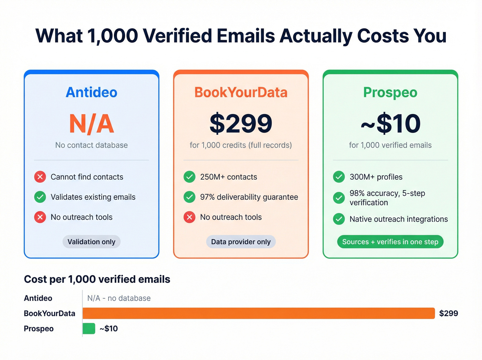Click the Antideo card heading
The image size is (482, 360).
click(92, 92)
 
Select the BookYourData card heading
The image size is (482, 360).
click(241, 92)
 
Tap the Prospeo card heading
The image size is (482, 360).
click(390, 92)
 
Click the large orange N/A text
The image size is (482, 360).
click(92, 124)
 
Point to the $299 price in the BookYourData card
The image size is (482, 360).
click(241, 124)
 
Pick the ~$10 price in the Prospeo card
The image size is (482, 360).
click(390, 124)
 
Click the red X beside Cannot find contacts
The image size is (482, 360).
click(40, 177)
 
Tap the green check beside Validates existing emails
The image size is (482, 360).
click(40, 197)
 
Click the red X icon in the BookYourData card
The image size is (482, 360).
click(189, 217)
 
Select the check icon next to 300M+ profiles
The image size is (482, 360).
click(339, 177)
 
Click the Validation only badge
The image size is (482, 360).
click(91, 242)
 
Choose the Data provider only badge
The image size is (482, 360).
click(241, 242)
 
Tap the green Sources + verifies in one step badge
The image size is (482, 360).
click(390, 242)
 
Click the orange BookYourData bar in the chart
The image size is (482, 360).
click(259, 313)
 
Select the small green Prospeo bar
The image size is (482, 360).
click(89, 329)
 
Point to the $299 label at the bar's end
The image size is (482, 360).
click(448, 313)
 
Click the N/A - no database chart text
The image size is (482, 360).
click(119, 298)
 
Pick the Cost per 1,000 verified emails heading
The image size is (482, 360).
click(97, 279)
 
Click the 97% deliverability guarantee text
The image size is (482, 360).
click(249, 197)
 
